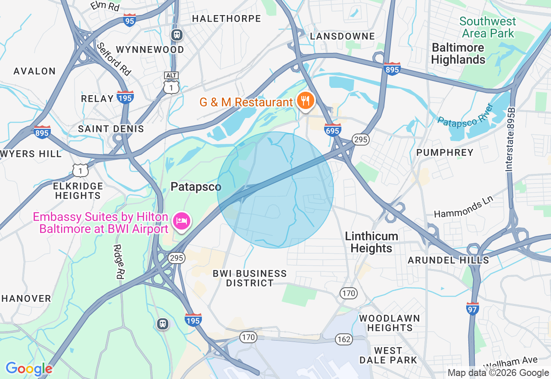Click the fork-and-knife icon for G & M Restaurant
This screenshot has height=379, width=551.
click(306, 101)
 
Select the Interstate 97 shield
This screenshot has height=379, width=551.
click(473, 308)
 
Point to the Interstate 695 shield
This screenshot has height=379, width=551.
click(333, 130)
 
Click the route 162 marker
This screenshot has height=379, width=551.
click(344, 339)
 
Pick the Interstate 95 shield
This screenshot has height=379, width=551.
click(130, 20)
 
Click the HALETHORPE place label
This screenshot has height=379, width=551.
click(226, 19)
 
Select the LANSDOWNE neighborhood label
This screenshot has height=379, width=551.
click(342, 36)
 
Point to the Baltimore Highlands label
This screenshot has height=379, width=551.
click(458, 53)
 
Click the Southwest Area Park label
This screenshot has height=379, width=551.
click(487, 27)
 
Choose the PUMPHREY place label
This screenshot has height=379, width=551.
click(445, 152)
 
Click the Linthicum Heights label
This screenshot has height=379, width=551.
click(371, 242)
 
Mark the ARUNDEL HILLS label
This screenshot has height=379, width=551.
click(448, 260)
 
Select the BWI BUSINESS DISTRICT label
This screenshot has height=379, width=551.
click(250, 278)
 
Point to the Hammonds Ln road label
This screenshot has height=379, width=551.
click(462, 208)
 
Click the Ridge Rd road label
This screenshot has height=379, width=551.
click(118, 262)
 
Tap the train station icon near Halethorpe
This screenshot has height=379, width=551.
click(176, 35)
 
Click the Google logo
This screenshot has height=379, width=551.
click(29, 369)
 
